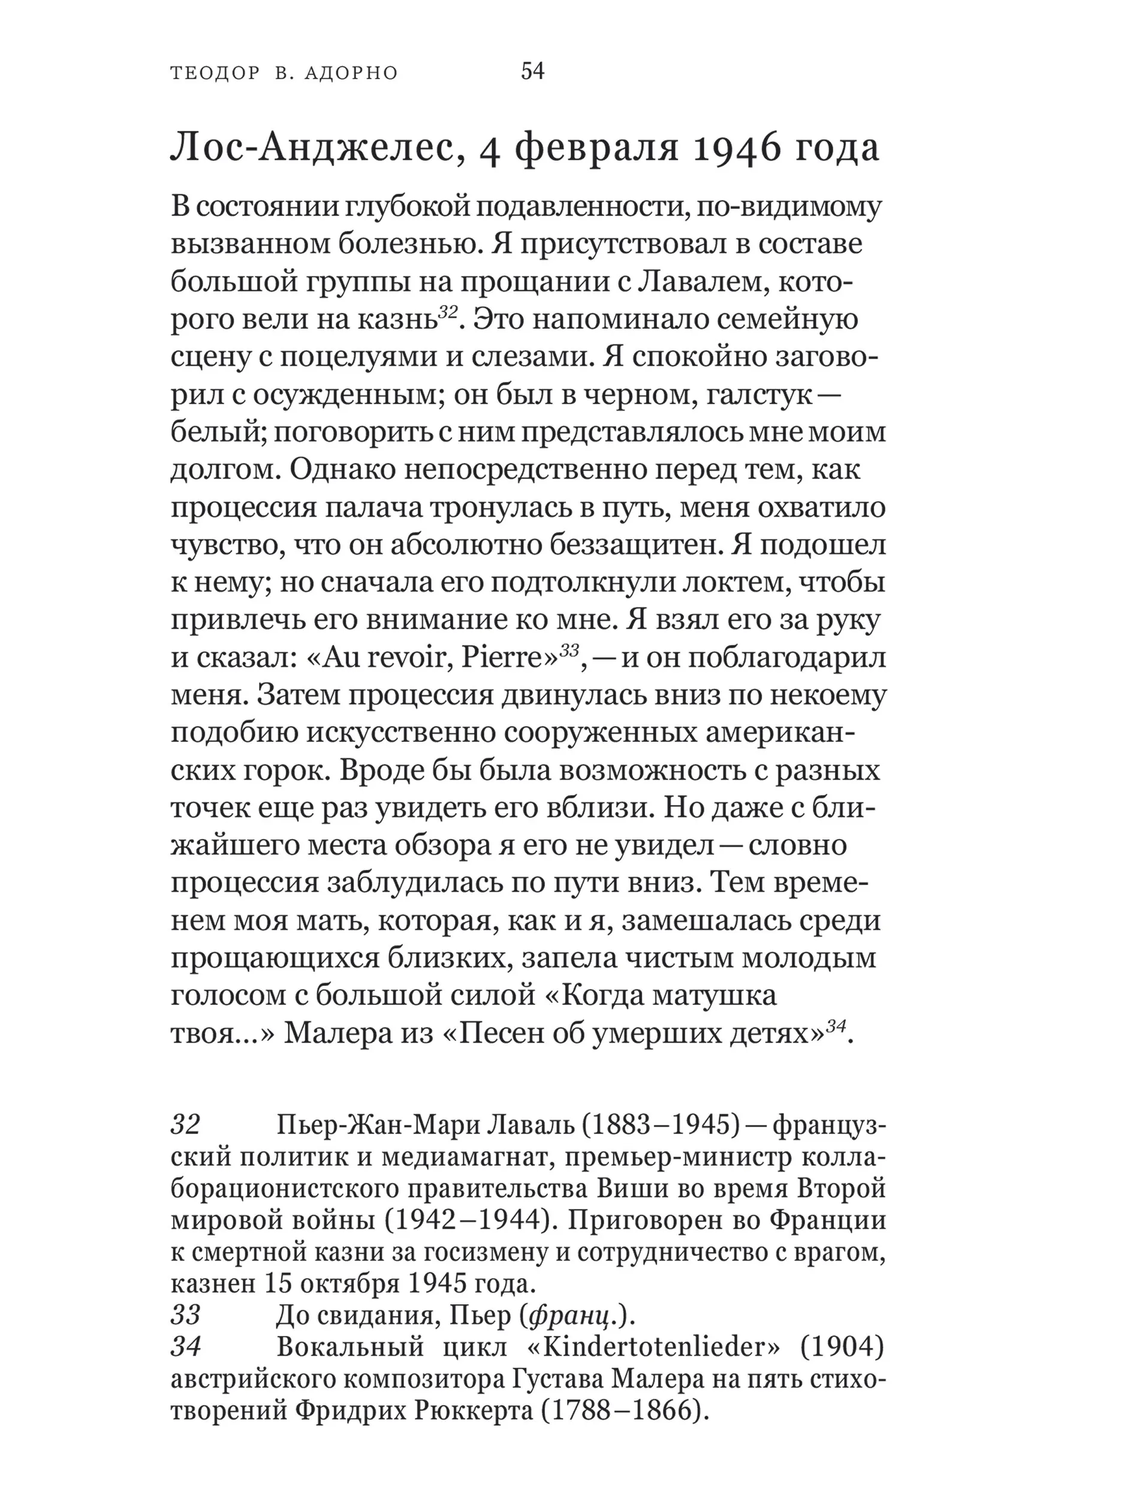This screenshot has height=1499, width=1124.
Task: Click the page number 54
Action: tap(532, 71)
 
